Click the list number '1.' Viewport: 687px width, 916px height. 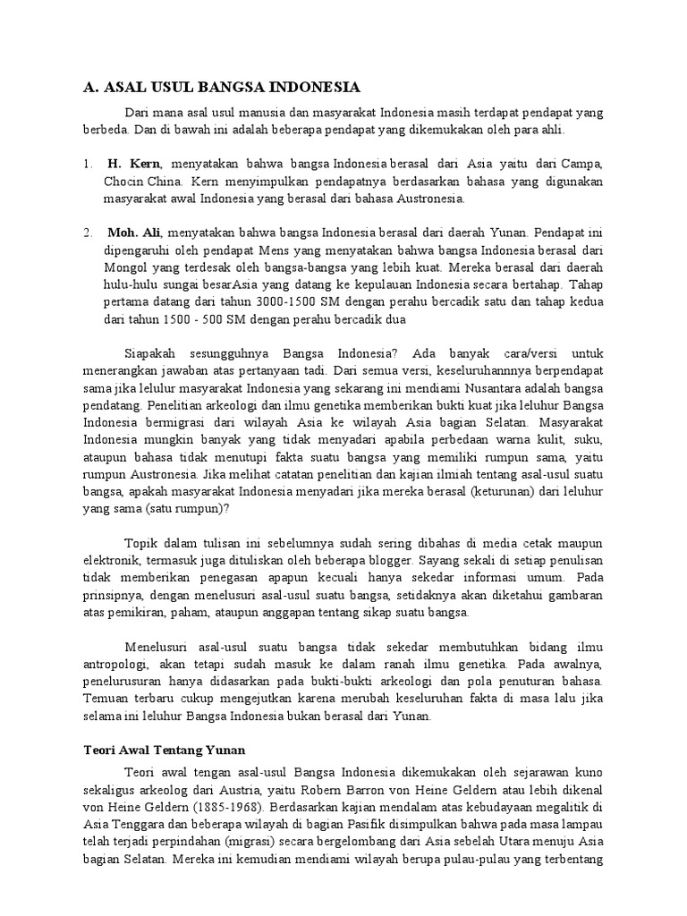[x=88, y=165]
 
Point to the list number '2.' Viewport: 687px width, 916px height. [x=88, y=233]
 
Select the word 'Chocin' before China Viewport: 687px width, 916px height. [x=123, y=182]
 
